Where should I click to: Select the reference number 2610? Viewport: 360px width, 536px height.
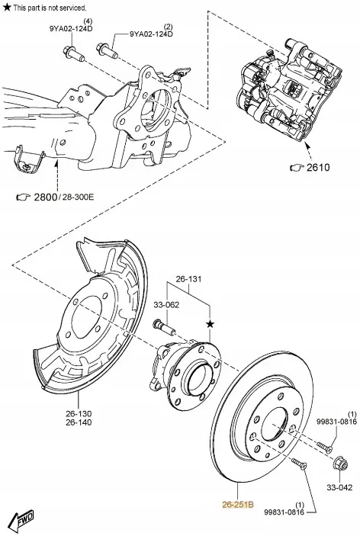(x=318, y=167)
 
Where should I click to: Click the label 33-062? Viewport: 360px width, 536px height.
(x=167, y=304)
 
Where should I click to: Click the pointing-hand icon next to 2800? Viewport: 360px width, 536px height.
(x=24, y=198)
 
